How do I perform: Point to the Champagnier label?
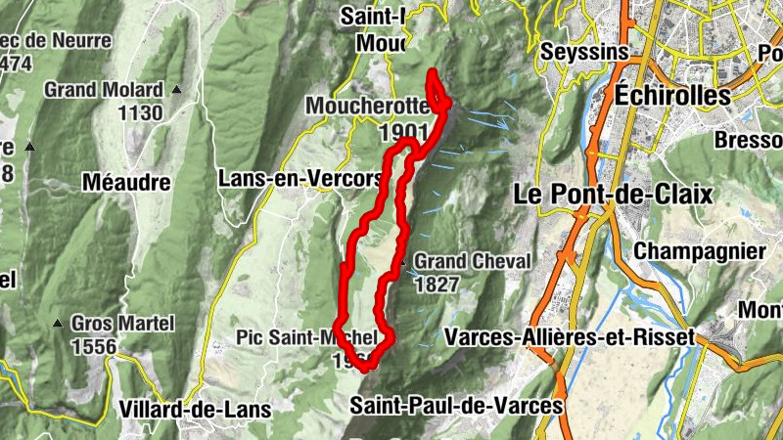(700, 251)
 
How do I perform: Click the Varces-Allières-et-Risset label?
(569, 336)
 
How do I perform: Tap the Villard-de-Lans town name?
(192, 408)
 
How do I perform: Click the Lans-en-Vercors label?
(299, 179)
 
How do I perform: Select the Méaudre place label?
(126, 182)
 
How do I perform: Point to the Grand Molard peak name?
(103, 90)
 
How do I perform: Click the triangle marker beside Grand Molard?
(177, 90)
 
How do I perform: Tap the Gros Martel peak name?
(121, 324)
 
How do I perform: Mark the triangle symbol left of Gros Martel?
(58, 324)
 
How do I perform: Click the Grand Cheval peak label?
(472, 262)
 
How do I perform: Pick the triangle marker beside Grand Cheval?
(400, 262)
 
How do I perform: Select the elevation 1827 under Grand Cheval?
(437, 285)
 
